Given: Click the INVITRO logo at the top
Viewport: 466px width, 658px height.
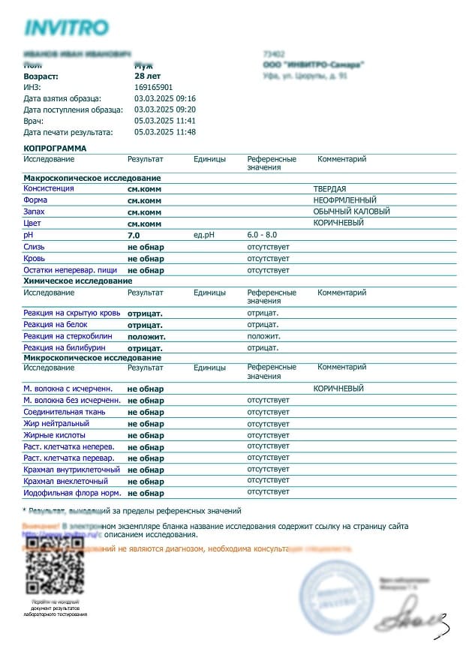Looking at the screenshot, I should click(66, 28).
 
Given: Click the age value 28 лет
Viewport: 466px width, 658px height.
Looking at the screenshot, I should click(148, 76).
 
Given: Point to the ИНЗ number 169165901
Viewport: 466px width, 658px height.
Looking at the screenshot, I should click(153, 87).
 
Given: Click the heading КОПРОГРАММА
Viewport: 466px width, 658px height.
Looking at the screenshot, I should click(55, 149).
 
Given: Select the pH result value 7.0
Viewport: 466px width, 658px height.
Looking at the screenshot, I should click(134, 236).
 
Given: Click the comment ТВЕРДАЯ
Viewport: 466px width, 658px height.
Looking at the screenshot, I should click(329, 189).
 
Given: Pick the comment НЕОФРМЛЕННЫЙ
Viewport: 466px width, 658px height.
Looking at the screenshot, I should click(344, 200).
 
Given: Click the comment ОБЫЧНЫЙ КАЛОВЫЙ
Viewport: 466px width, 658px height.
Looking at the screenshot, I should click(351, 212).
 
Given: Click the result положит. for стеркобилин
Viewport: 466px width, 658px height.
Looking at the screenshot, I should click(146, 337).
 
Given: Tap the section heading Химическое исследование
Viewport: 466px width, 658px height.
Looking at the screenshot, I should click(77, 281).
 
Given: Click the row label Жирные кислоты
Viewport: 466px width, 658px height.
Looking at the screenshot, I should click(54, 435).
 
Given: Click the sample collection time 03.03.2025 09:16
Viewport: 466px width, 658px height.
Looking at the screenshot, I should click(164, 98).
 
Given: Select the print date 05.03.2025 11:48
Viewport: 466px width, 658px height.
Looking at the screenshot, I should click(164, 132).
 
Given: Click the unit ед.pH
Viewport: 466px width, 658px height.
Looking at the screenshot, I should click(204, 236).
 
